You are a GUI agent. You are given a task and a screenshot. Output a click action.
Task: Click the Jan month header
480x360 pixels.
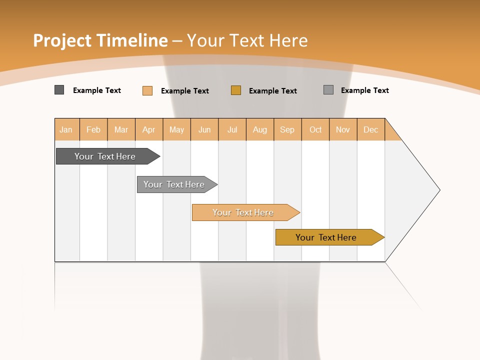(66, 129)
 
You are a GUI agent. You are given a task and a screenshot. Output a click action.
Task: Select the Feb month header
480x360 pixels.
(93, 129)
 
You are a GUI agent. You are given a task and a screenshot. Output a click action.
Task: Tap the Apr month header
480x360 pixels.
(149, 129)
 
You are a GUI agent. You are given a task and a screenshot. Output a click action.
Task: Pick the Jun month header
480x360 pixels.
(204, 129)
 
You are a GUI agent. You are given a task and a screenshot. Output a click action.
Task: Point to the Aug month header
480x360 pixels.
(260, 129)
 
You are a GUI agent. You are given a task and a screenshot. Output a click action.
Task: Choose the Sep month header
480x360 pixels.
(287, 129)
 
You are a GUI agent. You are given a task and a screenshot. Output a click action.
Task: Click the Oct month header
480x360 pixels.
(315, 129)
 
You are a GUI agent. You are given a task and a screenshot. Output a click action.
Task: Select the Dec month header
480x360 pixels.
(371, 129)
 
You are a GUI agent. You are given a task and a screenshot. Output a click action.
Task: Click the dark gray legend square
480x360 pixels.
(59, 90)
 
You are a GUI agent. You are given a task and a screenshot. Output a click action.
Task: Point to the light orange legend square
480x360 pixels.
(147, 90)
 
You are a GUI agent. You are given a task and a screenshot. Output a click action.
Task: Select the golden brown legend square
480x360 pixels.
(236, 90)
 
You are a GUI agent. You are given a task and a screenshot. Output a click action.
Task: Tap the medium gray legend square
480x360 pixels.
(328, 90)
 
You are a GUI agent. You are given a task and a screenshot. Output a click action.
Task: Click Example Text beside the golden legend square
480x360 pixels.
(273, 90)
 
